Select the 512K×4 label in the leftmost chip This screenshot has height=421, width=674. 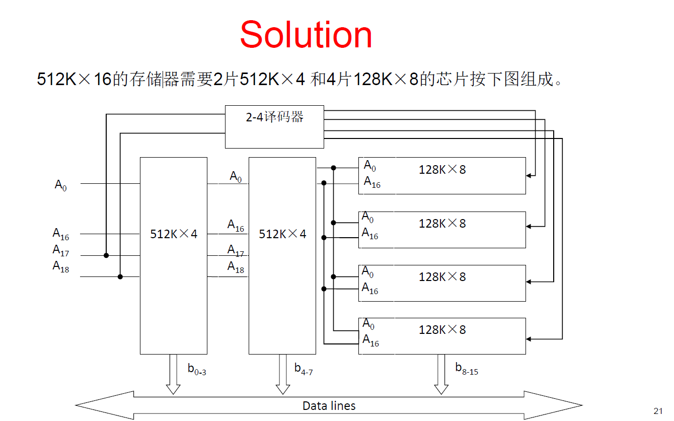point(174,234)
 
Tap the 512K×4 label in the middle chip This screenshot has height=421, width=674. point(282,234)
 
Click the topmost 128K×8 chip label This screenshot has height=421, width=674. point(442,170)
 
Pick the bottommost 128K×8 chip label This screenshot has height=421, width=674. point(442,330)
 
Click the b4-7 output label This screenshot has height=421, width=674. point(304,369)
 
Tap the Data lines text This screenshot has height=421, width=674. point(329,406)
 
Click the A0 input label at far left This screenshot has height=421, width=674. point(60,185)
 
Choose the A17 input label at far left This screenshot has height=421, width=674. point(61,250)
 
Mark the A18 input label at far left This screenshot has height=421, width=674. point(61,266)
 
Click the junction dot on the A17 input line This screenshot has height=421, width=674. point(106,255)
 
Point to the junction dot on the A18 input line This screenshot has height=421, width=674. point(120,276)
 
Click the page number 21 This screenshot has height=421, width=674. point(658,410)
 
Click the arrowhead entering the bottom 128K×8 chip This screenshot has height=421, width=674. point(529,338)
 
